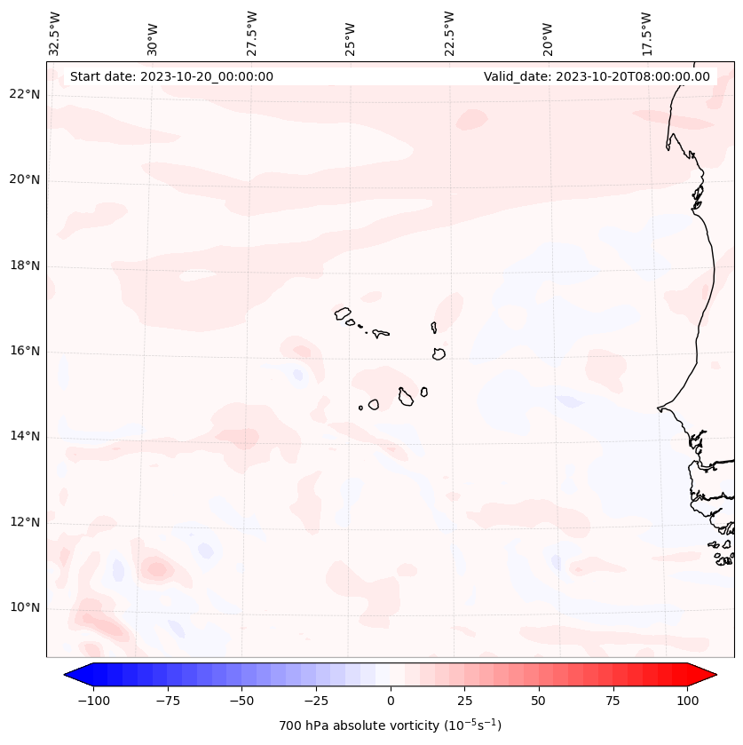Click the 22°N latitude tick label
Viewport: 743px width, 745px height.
pos(26,95)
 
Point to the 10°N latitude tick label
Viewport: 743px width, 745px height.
pos(26,608)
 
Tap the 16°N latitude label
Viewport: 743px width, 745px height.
pos(26,352)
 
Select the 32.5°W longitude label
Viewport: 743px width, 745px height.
pos(55,33)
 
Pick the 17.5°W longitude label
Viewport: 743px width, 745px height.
pos(646,33)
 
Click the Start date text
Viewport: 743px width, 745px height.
pos(171,77)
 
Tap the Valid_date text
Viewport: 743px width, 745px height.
pos(597,77)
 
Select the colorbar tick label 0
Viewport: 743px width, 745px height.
pos(391,701)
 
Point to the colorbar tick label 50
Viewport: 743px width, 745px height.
pos(538,701)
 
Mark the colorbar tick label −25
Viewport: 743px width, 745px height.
pos(315,701)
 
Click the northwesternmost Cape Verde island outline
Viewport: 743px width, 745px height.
pos(343,313)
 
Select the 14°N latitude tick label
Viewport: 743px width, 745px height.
pos(26,437)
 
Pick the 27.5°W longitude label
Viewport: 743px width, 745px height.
pos(252,33)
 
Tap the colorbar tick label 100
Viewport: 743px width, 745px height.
pos(687,701)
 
